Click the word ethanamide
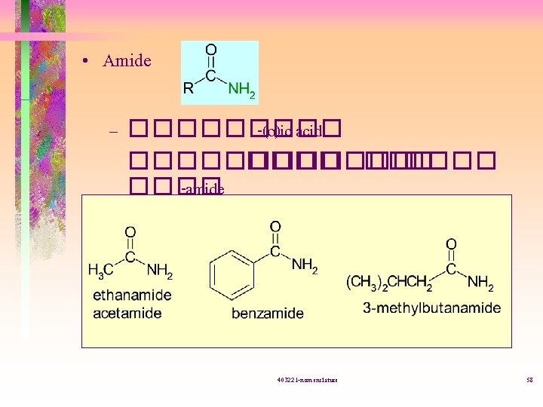[132, 295]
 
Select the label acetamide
[127, 312]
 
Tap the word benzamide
[268, 312]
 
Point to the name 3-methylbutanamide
[432, 308]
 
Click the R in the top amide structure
[189, 89]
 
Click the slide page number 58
[529, 379]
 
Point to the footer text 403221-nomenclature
[307, 379]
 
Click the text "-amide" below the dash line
[203, 189]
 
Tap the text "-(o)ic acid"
[290, 133]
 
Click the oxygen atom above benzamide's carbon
[275, 226]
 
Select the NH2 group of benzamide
[305, 265]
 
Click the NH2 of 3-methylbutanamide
[480, 283]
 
